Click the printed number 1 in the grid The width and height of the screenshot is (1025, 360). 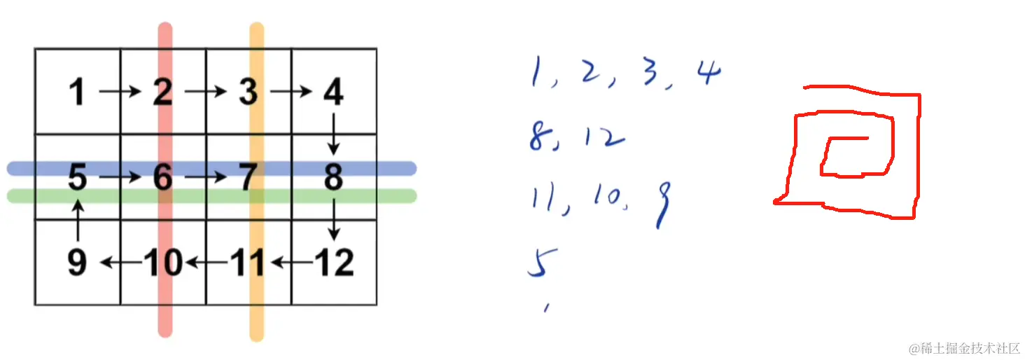point(78,92)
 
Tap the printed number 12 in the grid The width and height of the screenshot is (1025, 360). point(334,263)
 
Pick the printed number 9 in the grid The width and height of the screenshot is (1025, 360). point(77,263)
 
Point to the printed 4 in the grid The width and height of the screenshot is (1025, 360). point(333,92)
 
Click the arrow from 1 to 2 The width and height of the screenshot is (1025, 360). point(120,91)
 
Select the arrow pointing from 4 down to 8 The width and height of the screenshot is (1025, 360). point(334,133)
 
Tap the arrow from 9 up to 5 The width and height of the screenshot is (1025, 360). point(78,219)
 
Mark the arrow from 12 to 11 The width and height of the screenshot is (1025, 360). point(291,263)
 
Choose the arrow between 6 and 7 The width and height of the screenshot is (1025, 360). point(206,178)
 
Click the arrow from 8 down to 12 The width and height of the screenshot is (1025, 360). point(334,219)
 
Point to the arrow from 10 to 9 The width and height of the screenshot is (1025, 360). point(120,263)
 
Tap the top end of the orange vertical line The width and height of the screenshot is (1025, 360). point(257,28)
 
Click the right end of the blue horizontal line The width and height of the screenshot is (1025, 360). point(411,168)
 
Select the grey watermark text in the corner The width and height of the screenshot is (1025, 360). point(964,348)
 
